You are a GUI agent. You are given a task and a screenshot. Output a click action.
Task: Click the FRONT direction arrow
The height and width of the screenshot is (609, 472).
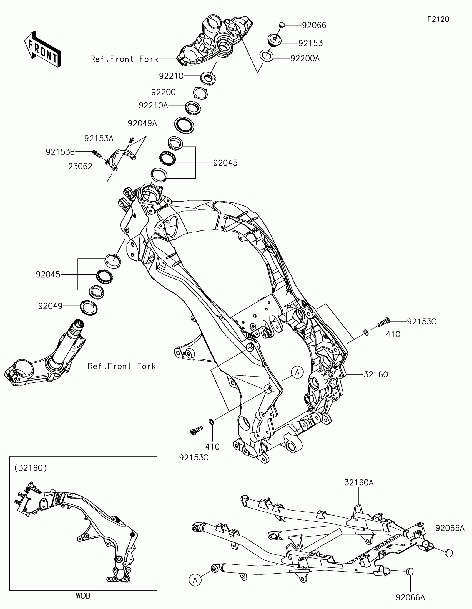43,49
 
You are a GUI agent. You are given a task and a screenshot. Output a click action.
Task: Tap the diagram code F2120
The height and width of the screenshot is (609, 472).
438,19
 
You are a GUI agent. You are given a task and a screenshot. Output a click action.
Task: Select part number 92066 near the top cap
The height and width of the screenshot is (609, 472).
314,26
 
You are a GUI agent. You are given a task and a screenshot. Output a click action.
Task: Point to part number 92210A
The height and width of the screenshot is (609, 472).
153,105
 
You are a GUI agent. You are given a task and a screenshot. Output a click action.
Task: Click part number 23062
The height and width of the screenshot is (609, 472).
80,166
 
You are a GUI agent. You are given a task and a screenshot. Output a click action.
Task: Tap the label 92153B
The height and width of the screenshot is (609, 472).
60,152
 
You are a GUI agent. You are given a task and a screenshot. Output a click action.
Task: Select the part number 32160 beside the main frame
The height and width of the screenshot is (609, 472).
376,374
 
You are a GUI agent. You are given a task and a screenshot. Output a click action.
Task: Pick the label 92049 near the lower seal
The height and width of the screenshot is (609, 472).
50,306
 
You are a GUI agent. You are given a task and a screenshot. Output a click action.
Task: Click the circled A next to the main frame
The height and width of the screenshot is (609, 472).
297,372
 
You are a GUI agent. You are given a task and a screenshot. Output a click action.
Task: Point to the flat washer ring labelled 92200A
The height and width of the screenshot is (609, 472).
267,56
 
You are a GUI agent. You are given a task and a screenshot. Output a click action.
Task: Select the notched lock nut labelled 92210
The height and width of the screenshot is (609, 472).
208,77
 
